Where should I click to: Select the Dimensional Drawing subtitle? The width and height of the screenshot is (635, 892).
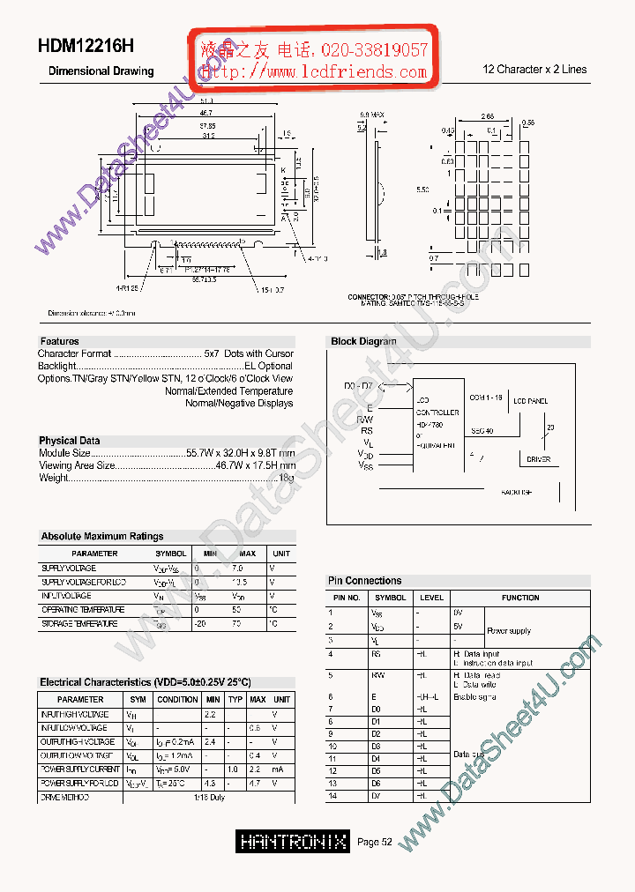tap(101, 71)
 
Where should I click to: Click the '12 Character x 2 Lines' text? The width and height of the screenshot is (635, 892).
tap(534, 69)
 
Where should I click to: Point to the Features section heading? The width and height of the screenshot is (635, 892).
tap(59, 341)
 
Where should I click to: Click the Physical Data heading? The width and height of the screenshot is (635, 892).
tap(69, 441)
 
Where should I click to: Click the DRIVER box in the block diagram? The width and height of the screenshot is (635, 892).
tap(539, 459)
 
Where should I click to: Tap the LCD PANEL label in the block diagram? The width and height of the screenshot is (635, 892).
tap(530, 401)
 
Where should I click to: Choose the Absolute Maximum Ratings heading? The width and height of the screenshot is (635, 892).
tap(101, 536)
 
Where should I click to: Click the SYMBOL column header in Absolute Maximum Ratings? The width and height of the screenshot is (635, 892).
tap(171, 554)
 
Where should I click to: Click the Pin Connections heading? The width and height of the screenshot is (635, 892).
tap(364, 581)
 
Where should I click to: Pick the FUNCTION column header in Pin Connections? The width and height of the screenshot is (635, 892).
tap(520, 598)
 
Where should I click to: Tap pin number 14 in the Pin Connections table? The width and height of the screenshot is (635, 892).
tap(332, 796)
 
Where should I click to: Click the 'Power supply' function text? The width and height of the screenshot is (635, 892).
tap(509, 631)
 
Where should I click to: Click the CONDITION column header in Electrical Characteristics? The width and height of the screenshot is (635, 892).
tap(177, 699)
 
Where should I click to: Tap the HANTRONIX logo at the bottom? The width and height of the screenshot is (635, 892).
tap(294, 842)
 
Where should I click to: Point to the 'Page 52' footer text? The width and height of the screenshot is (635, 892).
tap(375, 843)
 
